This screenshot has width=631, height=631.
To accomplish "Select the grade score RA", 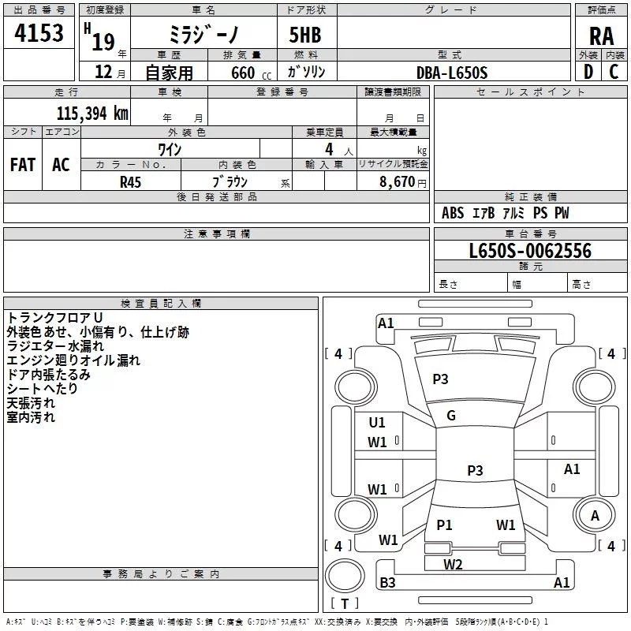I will tap(601, 35).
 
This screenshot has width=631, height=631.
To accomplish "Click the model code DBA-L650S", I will tap(453, 73).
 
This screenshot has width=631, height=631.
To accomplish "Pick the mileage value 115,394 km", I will tap(92, 114).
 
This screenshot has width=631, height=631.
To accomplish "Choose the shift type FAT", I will tap(22, 165).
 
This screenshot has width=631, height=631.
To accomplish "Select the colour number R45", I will tap(130, 181).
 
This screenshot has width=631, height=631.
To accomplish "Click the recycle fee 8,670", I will tap(398, 181).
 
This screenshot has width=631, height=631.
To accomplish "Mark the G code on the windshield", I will tap(451, 416).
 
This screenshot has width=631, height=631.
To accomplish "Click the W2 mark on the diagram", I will tap(453, 564).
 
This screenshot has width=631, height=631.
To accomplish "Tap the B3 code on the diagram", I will tap(387, 583).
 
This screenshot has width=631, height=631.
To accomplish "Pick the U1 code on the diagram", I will tap(377, 423).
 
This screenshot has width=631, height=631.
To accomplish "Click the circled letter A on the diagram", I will tap(595, 515).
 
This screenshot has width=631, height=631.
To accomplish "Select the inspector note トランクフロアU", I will tap(49, 317).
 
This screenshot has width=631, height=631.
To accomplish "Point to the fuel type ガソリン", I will tap(307, 73).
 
